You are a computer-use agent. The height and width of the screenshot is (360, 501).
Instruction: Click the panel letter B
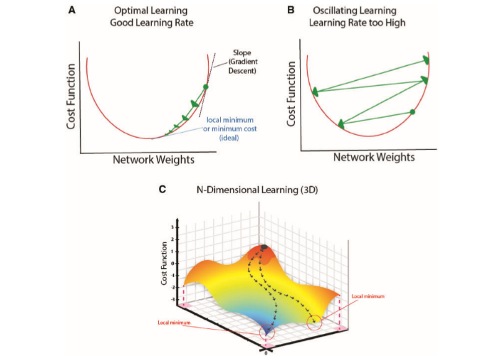[x=290, y=11]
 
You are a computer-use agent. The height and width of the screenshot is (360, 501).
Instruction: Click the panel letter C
[x=163, y=190]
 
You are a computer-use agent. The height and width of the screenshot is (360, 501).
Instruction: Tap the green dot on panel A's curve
[x=205, y=87]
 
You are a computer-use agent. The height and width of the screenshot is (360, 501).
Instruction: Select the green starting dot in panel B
[x=412, y=112]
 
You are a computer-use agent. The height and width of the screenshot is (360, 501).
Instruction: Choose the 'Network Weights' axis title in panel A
[x=153, y=160]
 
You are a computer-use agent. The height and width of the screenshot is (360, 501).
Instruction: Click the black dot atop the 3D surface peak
[x=264, y=248]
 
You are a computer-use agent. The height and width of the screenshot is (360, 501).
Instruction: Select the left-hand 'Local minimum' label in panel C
[x=173, y=323]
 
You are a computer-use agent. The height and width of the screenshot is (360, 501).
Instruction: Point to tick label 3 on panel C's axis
[x=173, y=228]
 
